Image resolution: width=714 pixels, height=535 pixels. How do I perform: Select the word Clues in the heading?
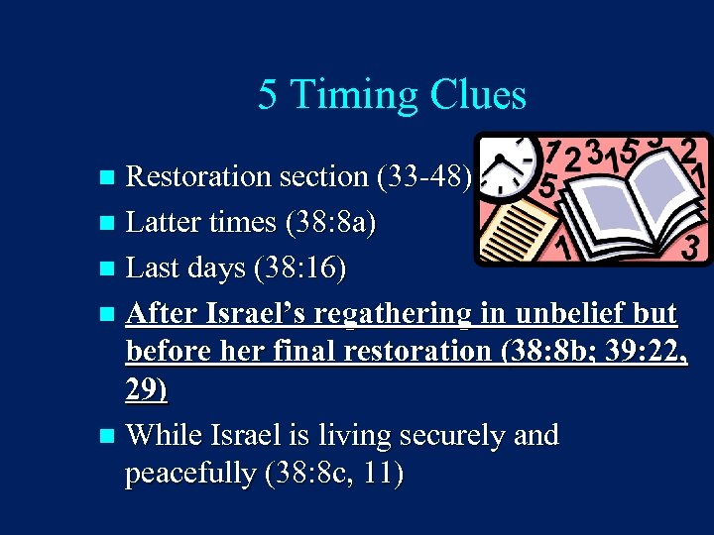pyautogui.click(x=478, y=96)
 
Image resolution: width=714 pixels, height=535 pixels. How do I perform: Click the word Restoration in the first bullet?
pyautogui.click(x=199, y=176)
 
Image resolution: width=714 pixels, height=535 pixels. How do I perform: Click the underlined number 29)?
pyautogui.click(x=146, y=391)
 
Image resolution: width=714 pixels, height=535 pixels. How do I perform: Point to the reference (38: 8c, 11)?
pyautogui.click(x=334, y=475)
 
